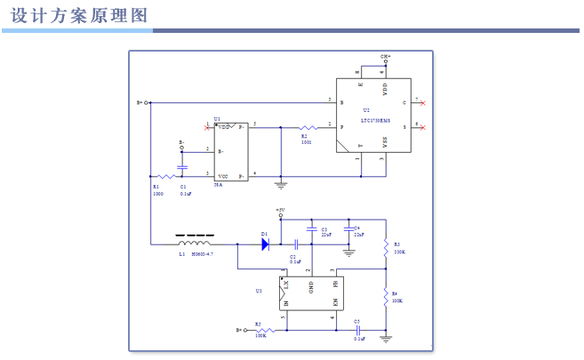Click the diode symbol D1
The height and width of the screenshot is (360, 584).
(264, 243)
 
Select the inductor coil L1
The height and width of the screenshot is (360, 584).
(195, 243)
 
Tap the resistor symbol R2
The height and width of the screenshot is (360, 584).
(308, 127)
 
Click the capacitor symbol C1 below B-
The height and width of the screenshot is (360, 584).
(183, 166)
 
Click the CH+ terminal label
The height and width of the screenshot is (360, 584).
(386, 55)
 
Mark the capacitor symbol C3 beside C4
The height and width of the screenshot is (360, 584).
(311, 231)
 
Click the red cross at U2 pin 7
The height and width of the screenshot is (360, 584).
(422, 103)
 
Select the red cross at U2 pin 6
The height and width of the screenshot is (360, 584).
(422, 127)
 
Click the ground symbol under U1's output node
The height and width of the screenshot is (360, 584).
(281, 186)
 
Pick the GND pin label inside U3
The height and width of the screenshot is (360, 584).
(311, 287)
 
